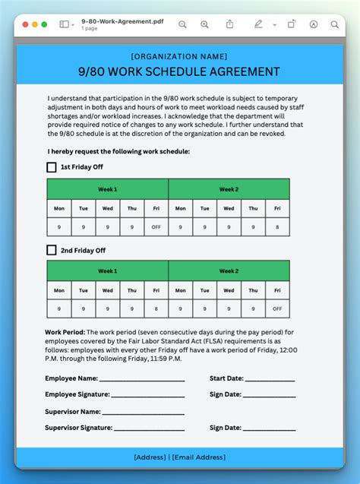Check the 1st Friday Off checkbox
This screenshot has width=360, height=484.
point(52,167)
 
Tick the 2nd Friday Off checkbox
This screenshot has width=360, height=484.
point(52,250)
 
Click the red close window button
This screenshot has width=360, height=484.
point(24,24)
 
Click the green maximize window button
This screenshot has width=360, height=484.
point(45,24)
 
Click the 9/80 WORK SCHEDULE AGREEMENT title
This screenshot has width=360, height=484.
point(179,71)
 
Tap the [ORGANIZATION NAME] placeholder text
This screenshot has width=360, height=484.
point(179,56)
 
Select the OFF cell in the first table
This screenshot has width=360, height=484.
point(156,227)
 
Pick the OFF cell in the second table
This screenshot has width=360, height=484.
point(277,308)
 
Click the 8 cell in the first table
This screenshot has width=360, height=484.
point(277,227)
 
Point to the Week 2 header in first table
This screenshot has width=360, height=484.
point(229,189)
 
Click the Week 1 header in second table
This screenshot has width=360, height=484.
point(107,270)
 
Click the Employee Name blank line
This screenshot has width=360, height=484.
point(142,378)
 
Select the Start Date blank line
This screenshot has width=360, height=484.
point(270,378)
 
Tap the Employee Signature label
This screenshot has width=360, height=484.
point(77,394)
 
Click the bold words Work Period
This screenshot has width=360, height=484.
point(65,332)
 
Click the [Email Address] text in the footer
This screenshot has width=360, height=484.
point(198,457)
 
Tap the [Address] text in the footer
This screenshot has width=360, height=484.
point(149,457)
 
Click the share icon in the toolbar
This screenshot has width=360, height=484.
point(229,24)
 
